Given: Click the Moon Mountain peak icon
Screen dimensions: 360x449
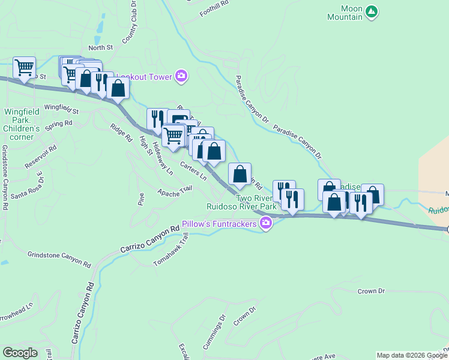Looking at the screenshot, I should coord(372,11).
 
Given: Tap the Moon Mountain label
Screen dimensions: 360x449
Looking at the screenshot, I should coord(345,13).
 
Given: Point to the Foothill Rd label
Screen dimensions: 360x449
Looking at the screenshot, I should coord(216,2).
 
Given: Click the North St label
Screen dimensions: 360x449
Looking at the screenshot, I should coord(100,47).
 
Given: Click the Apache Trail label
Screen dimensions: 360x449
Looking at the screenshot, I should coord(175,190).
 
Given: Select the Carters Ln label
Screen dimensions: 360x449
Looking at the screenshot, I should coord(193,170).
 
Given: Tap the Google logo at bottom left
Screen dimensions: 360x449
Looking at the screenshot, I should coord(20,353).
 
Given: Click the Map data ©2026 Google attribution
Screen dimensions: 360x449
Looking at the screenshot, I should coord(412,355).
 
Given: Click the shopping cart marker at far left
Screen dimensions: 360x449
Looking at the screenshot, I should coord(24,68).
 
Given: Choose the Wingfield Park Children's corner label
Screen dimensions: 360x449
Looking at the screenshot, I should coord(22,120).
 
